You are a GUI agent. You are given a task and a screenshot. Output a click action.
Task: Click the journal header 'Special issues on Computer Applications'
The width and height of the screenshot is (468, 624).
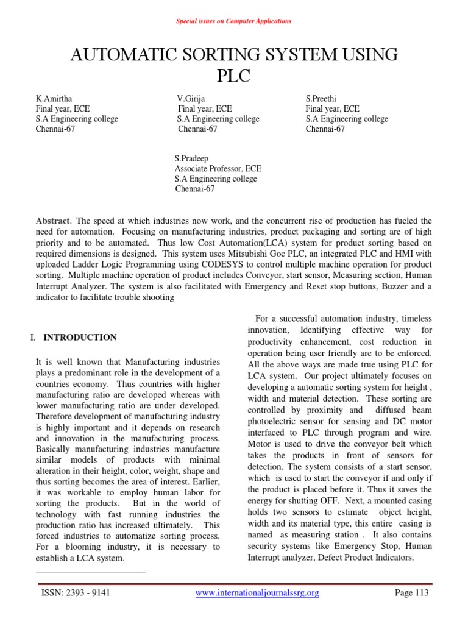233,21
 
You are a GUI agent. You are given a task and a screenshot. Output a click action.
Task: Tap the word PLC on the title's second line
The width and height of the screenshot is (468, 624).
233,77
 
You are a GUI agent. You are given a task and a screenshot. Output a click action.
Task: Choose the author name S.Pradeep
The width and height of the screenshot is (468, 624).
191,158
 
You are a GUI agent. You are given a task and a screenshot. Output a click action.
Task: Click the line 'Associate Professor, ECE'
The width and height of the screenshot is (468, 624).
218,169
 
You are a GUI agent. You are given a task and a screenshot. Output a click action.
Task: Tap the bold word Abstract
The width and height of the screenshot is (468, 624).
52,221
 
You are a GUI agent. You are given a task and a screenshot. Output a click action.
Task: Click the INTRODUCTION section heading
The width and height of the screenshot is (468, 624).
80,338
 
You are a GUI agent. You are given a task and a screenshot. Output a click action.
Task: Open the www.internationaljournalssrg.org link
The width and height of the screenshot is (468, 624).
257,593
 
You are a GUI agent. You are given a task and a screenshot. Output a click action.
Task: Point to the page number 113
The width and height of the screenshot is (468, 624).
420,593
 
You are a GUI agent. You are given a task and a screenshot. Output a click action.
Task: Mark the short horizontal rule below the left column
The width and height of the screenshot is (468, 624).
91,572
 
